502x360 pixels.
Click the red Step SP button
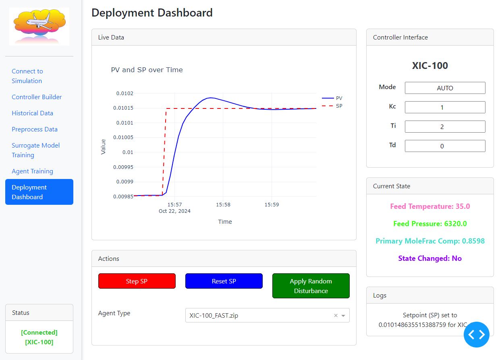(137, 281)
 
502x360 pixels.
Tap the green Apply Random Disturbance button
(311, 286)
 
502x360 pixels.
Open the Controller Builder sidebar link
(37, 97)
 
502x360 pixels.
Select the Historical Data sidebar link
(32, 113)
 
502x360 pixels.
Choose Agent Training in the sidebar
(32, 171)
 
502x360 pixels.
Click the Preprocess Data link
(35, 129)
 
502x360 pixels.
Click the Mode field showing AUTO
(445, 88)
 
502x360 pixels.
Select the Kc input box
(445, 107)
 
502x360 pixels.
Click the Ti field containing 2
(445, 127)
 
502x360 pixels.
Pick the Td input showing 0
(445, 146)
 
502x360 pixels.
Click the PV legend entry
(332, 98)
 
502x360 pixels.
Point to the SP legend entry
(332, 106)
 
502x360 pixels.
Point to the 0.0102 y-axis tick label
(124, 93)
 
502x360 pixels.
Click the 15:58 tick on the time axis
(223, 204)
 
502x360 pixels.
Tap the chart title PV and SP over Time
(147, 70)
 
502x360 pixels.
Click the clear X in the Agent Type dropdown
(336, 315)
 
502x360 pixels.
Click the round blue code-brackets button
(477, 335)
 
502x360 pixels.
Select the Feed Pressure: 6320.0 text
(430, 224)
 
